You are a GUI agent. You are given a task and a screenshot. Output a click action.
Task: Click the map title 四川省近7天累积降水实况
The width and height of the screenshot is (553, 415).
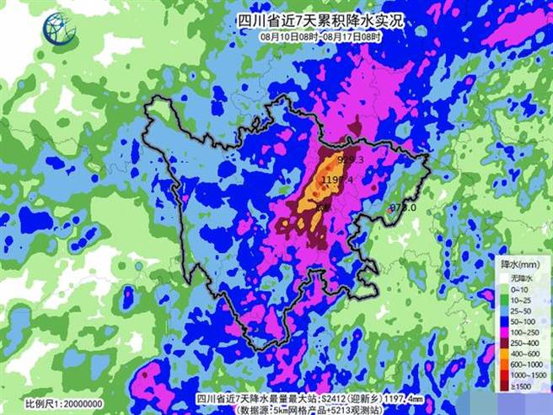(319, 20)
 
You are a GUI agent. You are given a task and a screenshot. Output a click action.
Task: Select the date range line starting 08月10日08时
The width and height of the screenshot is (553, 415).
(320, 37)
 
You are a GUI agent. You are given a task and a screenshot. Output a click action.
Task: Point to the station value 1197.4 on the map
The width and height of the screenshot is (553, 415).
(337, 180)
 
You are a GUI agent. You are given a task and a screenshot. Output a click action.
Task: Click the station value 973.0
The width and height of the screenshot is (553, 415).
(404, 207)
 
